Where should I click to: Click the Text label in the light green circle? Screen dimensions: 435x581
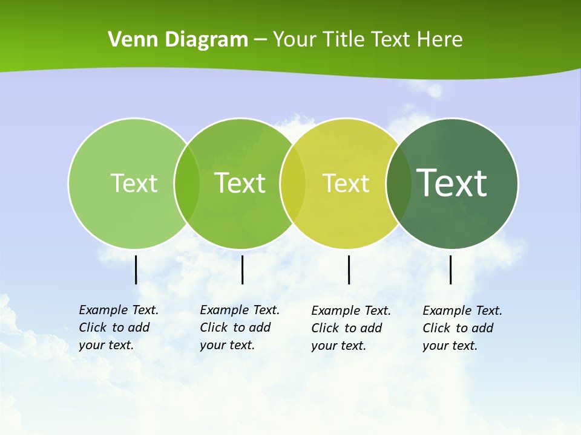pyautogui.click(x=134, y=183)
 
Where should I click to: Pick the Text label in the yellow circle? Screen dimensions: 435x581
pyautogui.click(x=346, y=183)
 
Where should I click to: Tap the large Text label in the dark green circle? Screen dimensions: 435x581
pyautogui.click(x=452, y=182)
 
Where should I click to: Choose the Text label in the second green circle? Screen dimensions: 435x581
pyautogui.click(x=240, y=183)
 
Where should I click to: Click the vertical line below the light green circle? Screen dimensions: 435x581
pyautogui.click(x=136, y=269)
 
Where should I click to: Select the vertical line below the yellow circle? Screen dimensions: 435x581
pyautogui.click(x=349, y=269)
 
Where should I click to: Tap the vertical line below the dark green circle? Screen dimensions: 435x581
pyautogui.click(x=451, y=269)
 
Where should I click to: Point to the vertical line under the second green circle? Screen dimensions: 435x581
pyautogui.click(x=242, y=269)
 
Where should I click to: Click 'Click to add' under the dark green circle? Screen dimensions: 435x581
pyautogui.click(x=458, y=328)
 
